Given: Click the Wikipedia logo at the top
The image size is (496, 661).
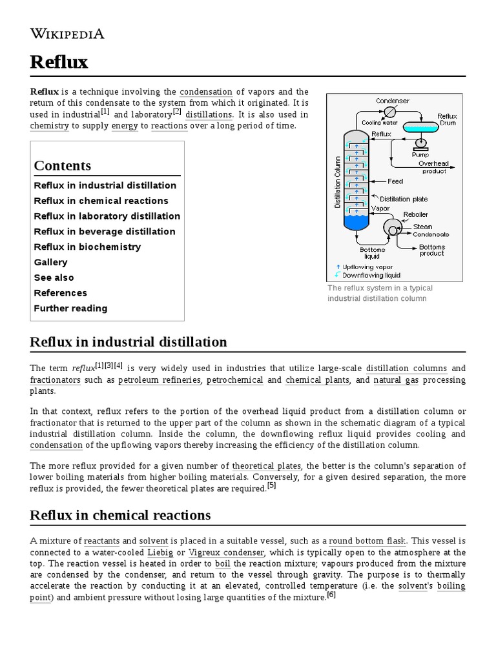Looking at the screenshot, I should point(67,34).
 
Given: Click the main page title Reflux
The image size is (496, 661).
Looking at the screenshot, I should point(59,63).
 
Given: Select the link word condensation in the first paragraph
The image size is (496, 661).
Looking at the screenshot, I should point(206,92).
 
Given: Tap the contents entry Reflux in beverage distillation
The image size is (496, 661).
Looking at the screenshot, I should point(105,232).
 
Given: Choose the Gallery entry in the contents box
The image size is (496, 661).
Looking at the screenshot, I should point(50,262).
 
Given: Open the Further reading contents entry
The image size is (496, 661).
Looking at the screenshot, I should point(70,309).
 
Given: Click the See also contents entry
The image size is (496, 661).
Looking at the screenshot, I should point(54,278).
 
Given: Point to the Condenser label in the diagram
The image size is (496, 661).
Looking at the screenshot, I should point(393,101).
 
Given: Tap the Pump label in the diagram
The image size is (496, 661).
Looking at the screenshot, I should point(420,155).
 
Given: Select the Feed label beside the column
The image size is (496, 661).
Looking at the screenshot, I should point(395,181).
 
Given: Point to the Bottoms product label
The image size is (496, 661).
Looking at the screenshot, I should point(431,250).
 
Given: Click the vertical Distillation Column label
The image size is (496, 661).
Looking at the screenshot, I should point(337,182).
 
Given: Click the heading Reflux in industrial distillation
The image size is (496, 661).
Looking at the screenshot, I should point(129,342).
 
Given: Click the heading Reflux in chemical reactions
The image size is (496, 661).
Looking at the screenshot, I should point(120,515).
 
